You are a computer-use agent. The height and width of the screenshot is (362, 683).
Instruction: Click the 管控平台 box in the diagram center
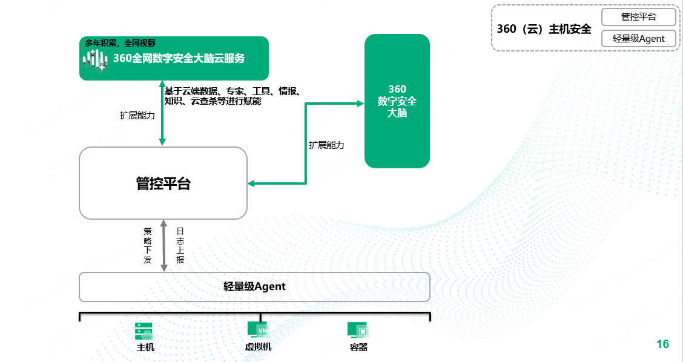(163, 183)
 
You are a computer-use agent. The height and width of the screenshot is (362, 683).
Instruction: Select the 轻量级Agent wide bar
(254, 287)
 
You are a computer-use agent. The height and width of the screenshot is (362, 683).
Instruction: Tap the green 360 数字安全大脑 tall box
(397, 101)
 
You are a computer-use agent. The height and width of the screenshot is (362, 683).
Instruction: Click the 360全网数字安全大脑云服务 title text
(179, 58)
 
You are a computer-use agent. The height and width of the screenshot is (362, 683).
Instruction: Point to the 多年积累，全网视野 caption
(120, 43)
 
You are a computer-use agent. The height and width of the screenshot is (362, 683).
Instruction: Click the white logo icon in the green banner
(96, 60)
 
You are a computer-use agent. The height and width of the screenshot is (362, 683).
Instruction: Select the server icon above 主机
(145, 331)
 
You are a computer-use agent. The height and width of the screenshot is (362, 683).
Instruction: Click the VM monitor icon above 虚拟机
(258, 330)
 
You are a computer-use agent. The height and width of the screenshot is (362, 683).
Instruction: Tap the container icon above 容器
(358, 330)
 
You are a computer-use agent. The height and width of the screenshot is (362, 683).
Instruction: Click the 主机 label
(145, 347)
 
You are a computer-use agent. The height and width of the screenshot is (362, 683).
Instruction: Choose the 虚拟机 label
(259, 347)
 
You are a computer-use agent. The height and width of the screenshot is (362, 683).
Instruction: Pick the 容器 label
(359, 347)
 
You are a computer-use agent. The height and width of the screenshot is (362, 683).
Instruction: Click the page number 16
(662, 344)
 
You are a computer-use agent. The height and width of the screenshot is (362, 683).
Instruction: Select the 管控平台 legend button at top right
(639, 17)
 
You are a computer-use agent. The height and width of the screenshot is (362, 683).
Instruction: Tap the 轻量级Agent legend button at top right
(639, 38)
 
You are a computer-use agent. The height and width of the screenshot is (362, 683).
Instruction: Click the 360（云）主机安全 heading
(544, 29)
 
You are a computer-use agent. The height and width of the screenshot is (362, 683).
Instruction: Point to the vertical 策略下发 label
(148, 245)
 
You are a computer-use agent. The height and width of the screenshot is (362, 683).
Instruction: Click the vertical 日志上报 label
(180, 245)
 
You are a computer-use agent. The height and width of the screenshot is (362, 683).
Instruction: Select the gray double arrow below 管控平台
(163, 246)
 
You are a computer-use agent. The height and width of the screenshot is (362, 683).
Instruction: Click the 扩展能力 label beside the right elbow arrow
(327, 145)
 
